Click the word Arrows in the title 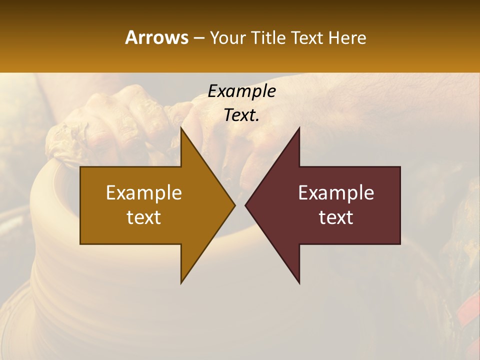point(156,37)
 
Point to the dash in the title point(198,38)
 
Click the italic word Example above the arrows point(241,91)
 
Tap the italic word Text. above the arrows point(241,115)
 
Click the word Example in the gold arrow point(144,192)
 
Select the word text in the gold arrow point(144,217)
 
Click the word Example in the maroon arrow point(336,192)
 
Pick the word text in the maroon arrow point(336,217)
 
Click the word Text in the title point(307,37)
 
